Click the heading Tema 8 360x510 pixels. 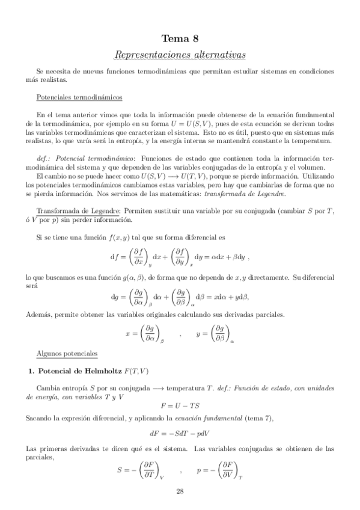pos(180,40)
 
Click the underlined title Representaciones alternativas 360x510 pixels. pos(180,55)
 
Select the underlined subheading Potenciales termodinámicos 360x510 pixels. pos(79,96)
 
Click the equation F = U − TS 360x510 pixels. pos(180,405)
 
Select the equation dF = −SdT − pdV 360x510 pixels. pos(180,433)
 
